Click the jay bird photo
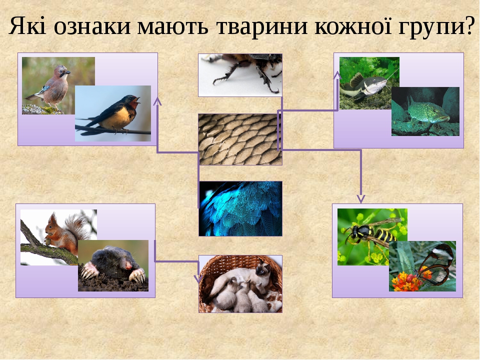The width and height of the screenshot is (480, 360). click(50, 82)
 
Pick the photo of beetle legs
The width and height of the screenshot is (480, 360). click(240, 74)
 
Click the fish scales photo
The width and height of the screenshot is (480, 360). click(240, 139)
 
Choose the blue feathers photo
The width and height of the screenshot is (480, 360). click(240, 208)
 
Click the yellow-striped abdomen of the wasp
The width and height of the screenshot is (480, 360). click(383, 235)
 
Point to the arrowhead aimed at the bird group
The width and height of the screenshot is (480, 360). click(157, 101)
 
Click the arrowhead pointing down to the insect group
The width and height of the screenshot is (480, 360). click(361, 198)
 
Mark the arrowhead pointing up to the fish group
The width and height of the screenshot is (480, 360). click(337, 75)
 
